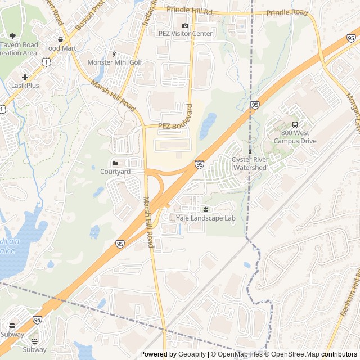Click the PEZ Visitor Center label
pos(186,34)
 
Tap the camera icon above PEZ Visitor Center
pos(186,25)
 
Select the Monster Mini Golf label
pos(115,62)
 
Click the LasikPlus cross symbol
pos(25,77)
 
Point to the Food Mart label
pos(60,48)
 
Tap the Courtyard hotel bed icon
pos(115,163)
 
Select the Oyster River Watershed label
pos(250,164)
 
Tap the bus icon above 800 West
pos(295,125)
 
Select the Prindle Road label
pos(287,12)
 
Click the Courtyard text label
pos(115,171)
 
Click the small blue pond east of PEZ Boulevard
pos(208,121)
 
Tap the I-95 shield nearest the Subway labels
pos(37,319)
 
